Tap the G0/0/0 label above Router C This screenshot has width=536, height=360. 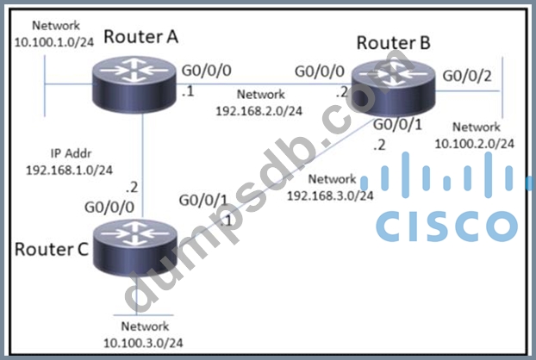pyautogui.click(x=107, y=208)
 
